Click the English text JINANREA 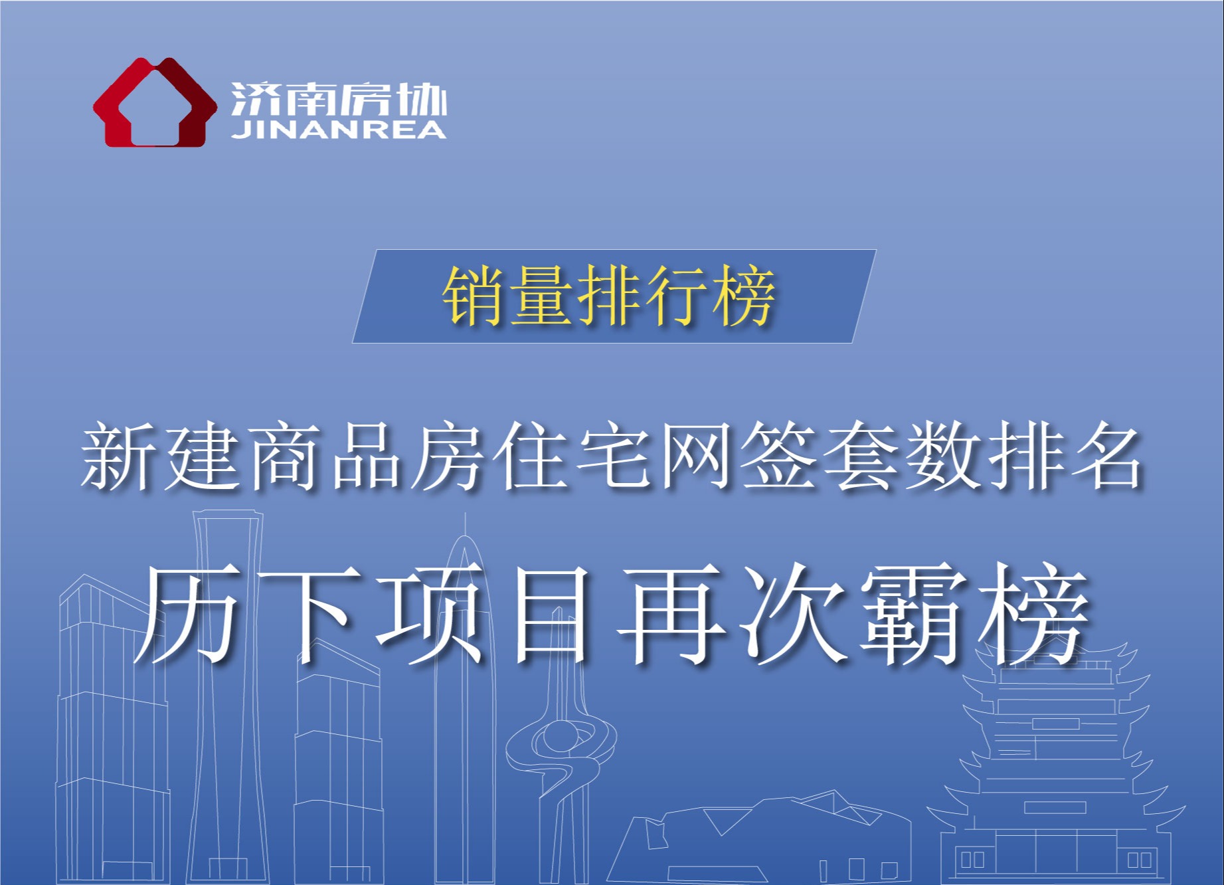[x=339, y=130]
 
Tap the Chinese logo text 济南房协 [x=339, y=100]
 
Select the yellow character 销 [x=474, y=296]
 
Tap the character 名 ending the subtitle [x=1108, y=458]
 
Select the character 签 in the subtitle [x=778, y=458]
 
